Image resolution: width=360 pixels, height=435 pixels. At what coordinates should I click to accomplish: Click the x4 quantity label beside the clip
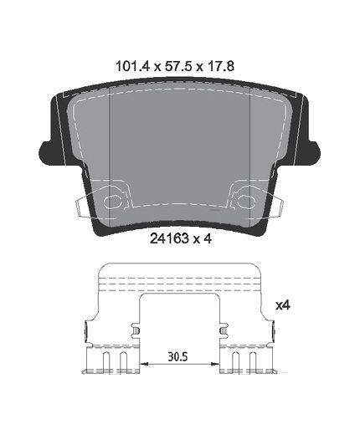282,307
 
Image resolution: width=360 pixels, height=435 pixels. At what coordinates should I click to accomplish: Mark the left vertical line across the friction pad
111,142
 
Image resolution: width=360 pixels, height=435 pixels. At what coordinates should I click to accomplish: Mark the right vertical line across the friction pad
250,142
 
